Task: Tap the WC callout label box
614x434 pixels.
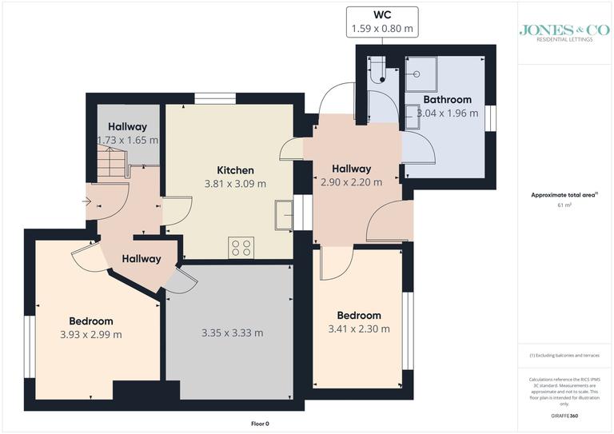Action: pos(382,22)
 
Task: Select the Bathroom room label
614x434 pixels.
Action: pos(447,100)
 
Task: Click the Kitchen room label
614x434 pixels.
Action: pos(236,170)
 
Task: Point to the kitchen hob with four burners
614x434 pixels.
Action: pos(241,248)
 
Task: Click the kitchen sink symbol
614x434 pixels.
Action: pos(282,215)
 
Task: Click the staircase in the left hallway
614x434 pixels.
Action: pos(111,166)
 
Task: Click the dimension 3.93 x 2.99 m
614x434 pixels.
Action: pos(90,335)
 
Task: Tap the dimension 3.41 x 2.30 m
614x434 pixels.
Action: pos(359,328)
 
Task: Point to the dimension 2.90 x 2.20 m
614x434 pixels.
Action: pos(351,182)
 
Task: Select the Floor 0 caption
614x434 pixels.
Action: pos(260,424)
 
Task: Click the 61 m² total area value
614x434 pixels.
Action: pos(564,205)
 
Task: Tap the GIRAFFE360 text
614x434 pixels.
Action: pos(564,418)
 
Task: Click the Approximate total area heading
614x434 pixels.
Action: pos(564,195)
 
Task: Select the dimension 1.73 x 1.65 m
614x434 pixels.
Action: pos(127,140)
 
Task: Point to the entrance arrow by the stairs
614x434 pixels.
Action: pos(86,201)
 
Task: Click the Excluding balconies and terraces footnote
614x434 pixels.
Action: pos(564,355)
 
